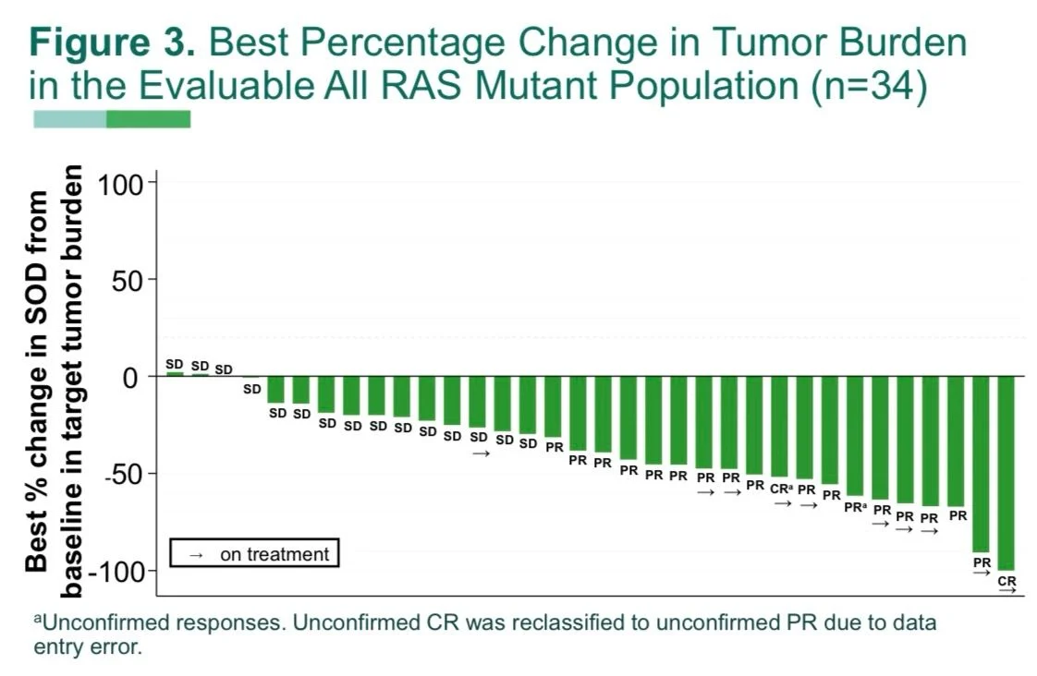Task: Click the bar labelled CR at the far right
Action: pyautogui.click(x=1006, y=473)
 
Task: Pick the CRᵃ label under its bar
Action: pyautogui.click(x=782, y=489)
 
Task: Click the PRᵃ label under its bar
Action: pyautogui.click(x=855, y=506)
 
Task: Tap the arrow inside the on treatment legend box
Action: pyautogui.click(x=195, y=555)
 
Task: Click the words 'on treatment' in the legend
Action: pyautogui.click(x=274, y=554)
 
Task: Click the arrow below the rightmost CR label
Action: pyautogui.click(x=1006, y=591)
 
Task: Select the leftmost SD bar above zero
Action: pyautogui.click(x=175, y=374)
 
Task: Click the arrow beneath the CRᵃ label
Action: pyautogui.click(x=782, y=503)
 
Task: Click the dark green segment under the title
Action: pyautogui.click(x=148, y=119)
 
